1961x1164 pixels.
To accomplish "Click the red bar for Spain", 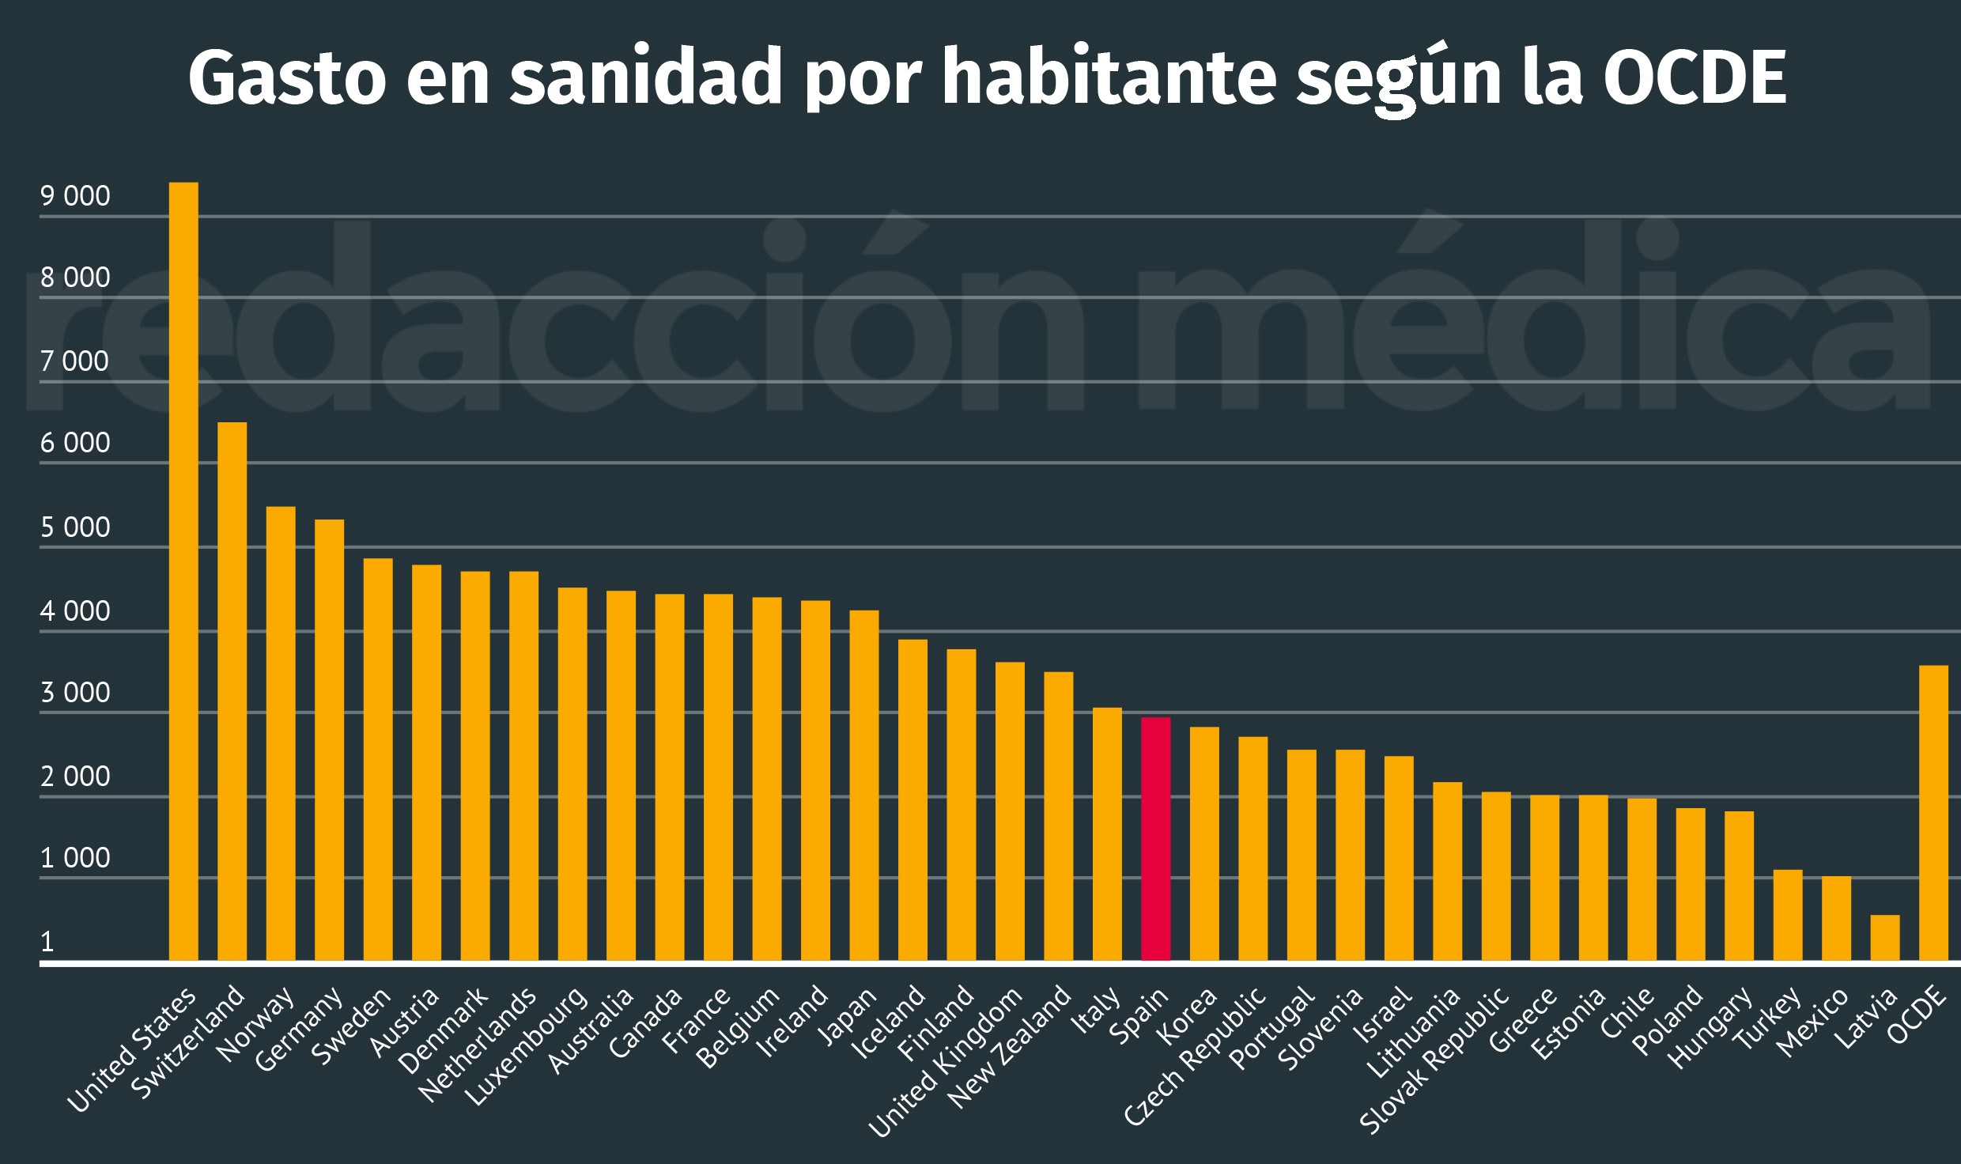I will click(x=1155, y=838).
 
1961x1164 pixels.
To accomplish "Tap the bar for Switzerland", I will click(x=232, y=691).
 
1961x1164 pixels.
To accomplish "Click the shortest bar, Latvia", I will click(x=1884, y=938).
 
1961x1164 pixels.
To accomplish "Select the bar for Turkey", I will click(x=1787, y=915).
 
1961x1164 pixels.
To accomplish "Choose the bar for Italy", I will click(x=1107, y=834).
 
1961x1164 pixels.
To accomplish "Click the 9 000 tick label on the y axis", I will click(x=75, y=196).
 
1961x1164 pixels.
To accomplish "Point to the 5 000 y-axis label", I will click(x=75, y=527).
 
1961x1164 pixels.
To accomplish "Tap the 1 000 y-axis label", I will click(x=75, y=859).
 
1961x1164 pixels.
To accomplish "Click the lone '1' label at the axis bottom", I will click(x=47, y=942).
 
